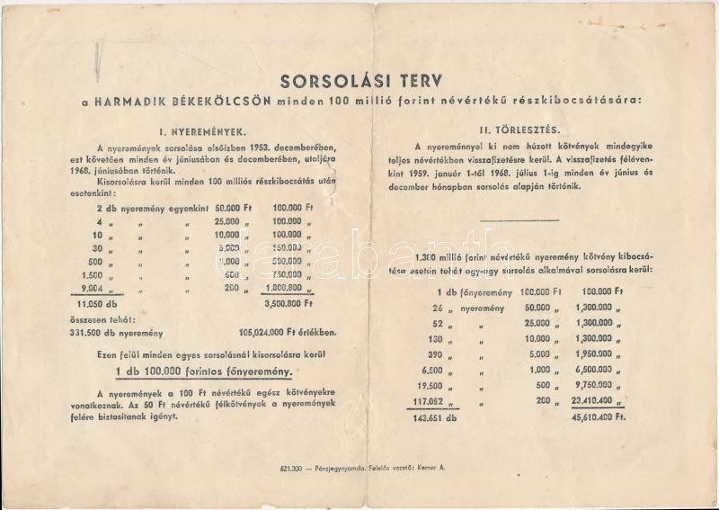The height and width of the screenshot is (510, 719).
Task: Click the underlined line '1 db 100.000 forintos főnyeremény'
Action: pyautogui.click(x=210, y=372)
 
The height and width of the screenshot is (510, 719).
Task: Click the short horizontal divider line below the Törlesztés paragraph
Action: pyautogui.click(x=519, y=219)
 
